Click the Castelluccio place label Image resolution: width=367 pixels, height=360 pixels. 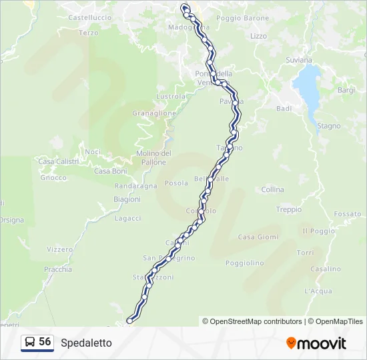tap(89, 16)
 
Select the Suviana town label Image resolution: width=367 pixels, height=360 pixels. tap(300, 60)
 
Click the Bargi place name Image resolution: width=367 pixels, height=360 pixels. tap(346, 90)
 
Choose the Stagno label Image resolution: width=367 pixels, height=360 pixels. tap(328, 126)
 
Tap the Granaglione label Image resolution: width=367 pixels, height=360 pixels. tap(154, 113)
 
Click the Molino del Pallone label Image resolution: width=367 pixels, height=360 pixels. tap(153, 157)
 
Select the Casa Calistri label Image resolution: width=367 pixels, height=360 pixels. tap(58, 161)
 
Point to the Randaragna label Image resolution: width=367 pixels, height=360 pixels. tap(135, 186)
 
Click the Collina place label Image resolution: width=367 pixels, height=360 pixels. tap(273, 190)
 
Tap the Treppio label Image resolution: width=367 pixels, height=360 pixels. tap(289, 209)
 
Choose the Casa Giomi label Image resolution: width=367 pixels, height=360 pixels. tap(258, 237)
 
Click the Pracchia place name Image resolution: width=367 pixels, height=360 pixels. tap(58, 269)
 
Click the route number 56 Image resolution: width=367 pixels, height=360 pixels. tap(45, 341)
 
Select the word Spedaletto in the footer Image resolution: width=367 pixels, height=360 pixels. tap(86, 343)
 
